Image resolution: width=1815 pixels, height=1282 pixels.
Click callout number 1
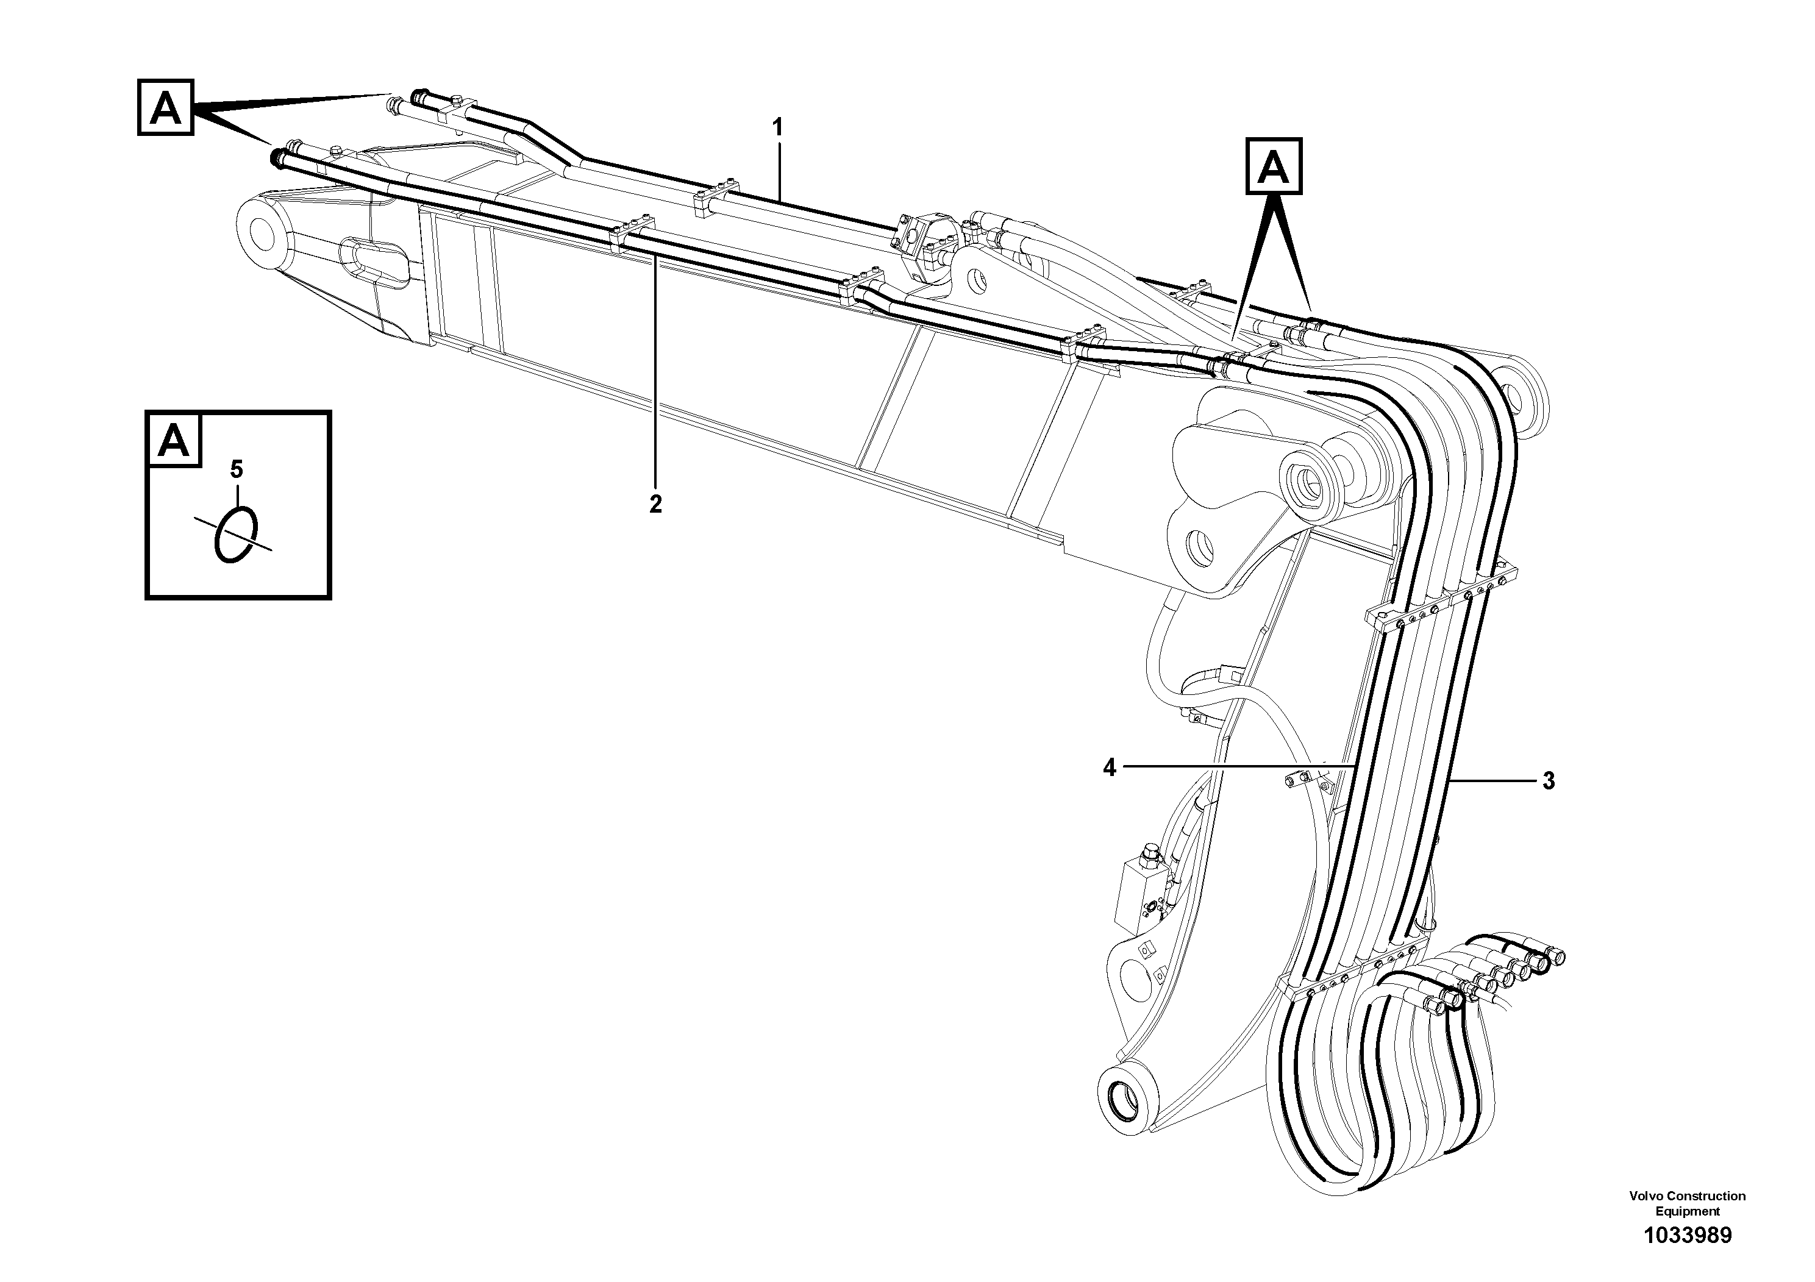click(x=778, y=127)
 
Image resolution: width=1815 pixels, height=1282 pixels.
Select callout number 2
click(x=655, y=504)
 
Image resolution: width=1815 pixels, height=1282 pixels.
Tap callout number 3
click(x=1549, y=781)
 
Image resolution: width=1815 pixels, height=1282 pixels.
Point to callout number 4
click(x=1110, y=767)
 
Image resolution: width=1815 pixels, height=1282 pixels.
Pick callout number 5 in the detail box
click(x=237, y=470)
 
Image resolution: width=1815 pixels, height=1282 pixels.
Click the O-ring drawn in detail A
click(x=235, y=534)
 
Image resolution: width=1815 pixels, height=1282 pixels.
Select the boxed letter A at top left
click(x=165, y=107)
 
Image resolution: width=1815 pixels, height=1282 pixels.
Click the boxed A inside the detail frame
click(x=174, y=440)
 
